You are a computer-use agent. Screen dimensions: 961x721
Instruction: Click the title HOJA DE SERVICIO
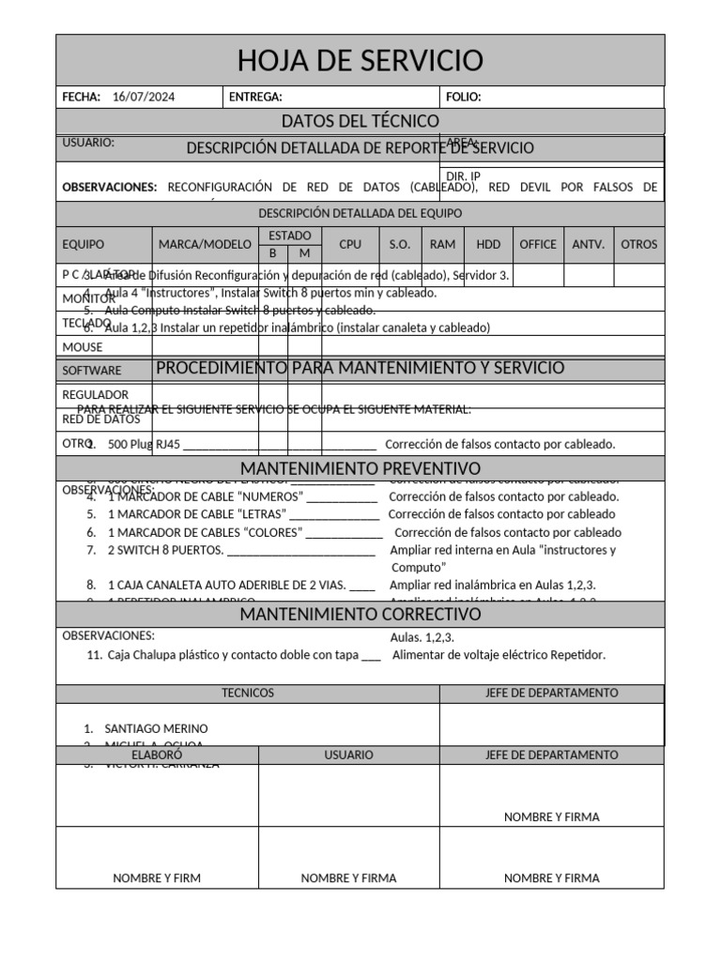click(360, 61)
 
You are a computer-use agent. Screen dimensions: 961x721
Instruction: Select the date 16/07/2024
click(143, 97)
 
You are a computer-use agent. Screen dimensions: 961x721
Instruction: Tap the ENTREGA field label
click(255, 97)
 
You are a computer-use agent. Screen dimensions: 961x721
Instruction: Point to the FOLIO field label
click(464, 97)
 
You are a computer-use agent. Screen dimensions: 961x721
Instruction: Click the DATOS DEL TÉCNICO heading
click(360, 121)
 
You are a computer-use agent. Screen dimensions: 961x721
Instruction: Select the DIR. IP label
click(463, 175)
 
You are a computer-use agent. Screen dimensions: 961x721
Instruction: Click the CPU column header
click(350, 244)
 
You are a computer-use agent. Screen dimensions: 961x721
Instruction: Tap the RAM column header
click(442, 244)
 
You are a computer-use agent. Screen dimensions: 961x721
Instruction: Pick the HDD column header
click(488, 244)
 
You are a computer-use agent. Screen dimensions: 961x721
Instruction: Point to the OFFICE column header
click(538, 244)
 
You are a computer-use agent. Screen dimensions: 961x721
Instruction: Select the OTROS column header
click(639, 244)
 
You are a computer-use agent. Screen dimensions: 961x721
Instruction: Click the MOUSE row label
click(83, 347)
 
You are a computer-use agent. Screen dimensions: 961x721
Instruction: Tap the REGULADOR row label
click(95, 395)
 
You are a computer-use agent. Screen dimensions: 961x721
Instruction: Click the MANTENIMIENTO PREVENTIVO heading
click(360, 468)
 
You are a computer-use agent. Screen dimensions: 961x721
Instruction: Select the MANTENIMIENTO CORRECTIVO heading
click(360, 615)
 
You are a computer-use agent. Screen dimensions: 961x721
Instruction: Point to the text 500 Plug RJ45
click(145, 444)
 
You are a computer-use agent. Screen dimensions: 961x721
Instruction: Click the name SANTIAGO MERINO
click(157, 728)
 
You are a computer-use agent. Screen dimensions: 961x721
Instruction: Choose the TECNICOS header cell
click(248, 693)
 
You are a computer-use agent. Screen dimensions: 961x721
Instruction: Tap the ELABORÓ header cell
click(157, 755)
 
